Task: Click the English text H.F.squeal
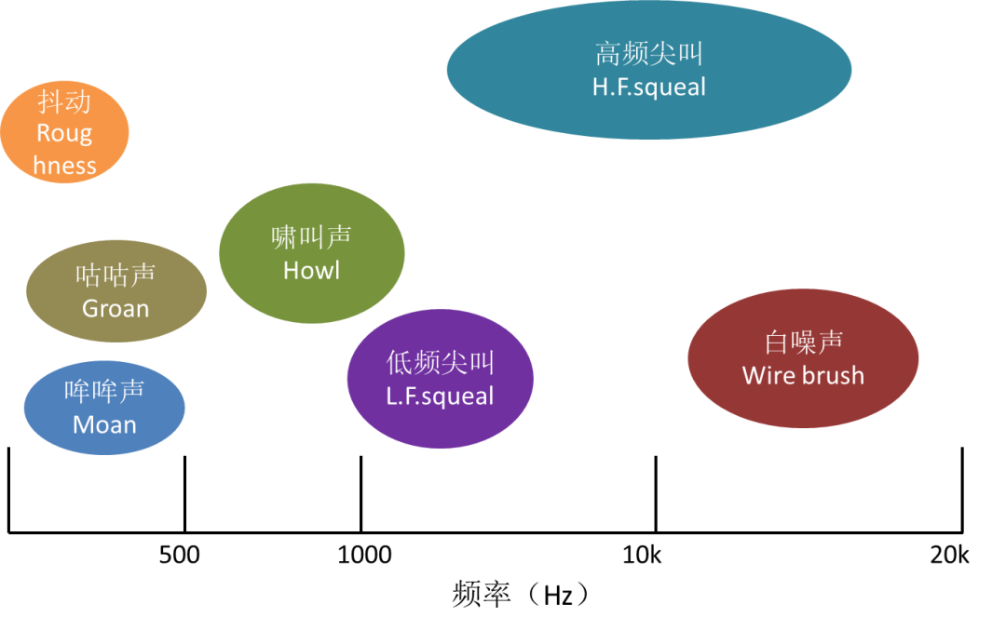649,87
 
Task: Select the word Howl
311,271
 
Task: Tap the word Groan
116,309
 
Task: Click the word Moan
104,425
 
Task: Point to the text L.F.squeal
440,396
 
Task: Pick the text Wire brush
803,376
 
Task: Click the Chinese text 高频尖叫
649,54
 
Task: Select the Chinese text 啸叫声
311,237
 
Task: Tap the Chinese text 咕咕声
116,275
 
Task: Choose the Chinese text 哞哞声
104,391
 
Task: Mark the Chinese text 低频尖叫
440,362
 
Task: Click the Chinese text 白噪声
803,342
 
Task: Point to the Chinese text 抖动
64,101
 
